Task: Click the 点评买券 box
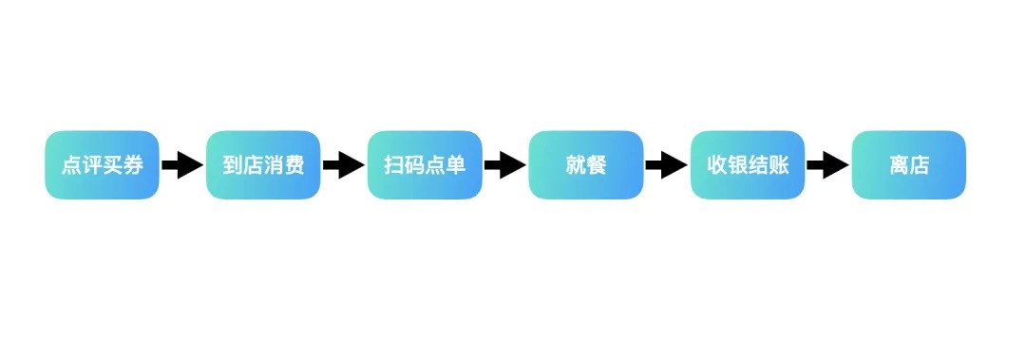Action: click(102, 164)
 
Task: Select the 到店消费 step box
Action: click(263, 164)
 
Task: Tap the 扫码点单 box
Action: click(425, 164)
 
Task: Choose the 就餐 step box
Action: click(586, 164)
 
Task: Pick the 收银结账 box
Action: click(748, 164)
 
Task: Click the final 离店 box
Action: click(909, 164)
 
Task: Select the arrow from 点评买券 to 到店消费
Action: click(182, 165)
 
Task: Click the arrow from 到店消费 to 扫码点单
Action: click(344, 165)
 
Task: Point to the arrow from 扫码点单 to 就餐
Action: click(505, 165)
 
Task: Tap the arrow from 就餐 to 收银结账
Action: click(667, 165)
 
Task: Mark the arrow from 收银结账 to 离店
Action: click(828, 165)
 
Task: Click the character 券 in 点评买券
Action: click(133, 165)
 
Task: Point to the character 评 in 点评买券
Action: click(91, 165)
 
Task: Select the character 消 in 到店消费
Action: click(274, 165)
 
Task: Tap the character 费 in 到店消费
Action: click(294, 165)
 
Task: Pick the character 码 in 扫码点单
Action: click(414, 165)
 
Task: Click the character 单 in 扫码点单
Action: click(456, 165)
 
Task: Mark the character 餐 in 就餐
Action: click(597, 165)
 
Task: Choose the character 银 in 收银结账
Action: click(737, 165)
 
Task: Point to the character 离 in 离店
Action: click(899, 165)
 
